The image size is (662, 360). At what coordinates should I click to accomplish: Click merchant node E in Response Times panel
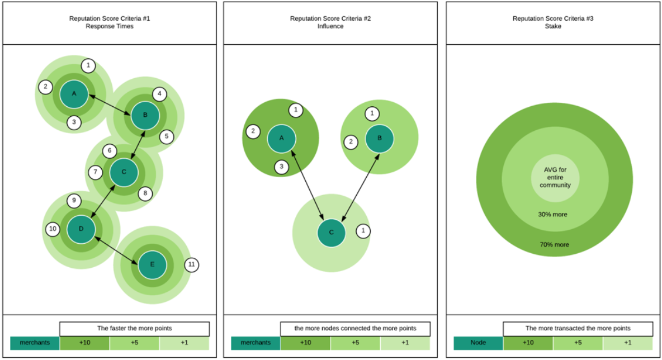(152, 265)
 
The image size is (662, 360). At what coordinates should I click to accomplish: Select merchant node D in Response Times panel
(81, 229)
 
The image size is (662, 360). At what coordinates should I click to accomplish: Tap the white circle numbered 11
(191, 264)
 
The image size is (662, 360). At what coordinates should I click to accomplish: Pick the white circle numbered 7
(96, 172)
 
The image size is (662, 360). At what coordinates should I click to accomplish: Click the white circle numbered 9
(74, 201)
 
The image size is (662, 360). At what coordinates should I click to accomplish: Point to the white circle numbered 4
(159, 94)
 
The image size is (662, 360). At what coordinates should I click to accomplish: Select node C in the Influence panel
(332, 233)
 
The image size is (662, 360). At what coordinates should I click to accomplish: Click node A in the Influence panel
(281, 138)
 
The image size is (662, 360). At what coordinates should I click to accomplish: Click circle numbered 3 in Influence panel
(282, 166)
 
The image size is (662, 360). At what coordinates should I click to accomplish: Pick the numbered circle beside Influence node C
(363, 230)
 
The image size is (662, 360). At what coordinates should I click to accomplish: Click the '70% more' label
(554, 244)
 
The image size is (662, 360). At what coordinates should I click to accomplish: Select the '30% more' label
(554, 214)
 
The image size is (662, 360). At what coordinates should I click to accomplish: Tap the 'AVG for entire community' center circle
(555, 177)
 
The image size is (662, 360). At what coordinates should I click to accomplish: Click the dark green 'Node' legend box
(478, 343)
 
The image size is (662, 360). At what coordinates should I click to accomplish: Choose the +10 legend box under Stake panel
(528, 343)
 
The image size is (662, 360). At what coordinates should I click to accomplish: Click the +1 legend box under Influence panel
(405, 343)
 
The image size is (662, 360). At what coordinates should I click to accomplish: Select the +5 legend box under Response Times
(134, 343)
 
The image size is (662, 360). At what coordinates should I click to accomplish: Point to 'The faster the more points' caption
(134, 328)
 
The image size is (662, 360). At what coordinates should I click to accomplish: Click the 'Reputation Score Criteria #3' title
(554, 19)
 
